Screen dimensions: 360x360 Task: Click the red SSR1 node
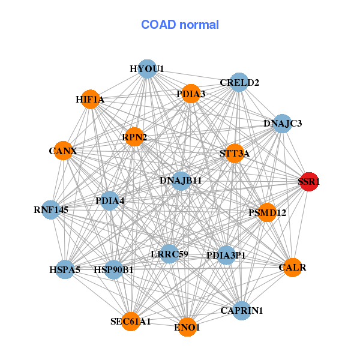308,181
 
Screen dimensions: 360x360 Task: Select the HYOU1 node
147,68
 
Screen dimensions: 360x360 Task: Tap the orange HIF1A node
91,99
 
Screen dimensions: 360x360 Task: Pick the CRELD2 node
239,82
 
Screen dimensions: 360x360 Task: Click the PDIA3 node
191,94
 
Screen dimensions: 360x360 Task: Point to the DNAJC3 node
282,124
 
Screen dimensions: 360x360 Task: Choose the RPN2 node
134,137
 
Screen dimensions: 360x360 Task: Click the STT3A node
235,154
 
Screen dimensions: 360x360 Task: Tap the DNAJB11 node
181,180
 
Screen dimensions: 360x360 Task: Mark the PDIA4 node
110,200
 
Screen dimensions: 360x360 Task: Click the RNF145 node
51,210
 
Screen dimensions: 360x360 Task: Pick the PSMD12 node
267,212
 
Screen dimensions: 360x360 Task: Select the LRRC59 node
169,254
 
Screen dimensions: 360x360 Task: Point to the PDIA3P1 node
226,256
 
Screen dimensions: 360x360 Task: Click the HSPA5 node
64,269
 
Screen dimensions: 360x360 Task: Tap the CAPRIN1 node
241,310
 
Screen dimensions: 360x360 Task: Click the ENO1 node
187,327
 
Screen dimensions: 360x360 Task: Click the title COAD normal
180,25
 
